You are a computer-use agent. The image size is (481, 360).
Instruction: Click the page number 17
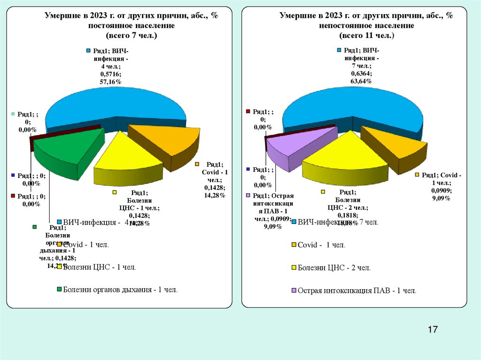pos(433,329)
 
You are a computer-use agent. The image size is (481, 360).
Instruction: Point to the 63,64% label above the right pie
pos(362,81)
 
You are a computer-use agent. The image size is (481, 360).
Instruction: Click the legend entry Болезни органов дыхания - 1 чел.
pos(120,290)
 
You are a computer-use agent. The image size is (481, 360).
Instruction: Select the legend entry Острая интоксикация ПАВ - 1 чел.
pos(357,291)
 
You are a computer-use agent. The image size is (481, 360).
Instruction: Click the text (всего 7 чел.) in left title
pos(132,35)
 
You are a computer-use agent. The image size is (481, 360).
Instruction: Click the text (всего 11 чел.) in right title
pos(367,35)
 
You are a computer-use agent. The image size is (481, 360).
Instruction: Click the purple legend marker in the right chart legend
pos(294,291)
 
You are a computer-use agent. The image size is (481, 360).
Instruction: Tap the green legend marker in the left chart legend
pos(59,290)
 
